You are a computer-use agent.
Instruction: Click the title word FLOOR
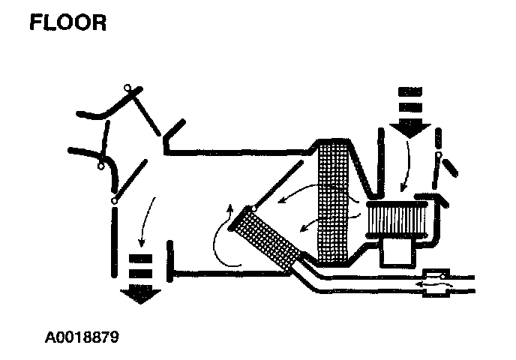point(68,22)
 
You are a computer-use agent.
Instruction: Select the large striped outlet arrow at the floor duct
point(141,277)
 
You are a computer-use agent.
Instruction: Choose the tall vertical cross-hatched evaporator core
point(335,202)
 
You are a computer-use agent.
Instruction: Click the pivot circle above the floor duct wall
point(114,201)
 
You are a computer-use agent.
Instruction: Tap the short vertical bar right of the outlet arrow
point(171,261)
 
